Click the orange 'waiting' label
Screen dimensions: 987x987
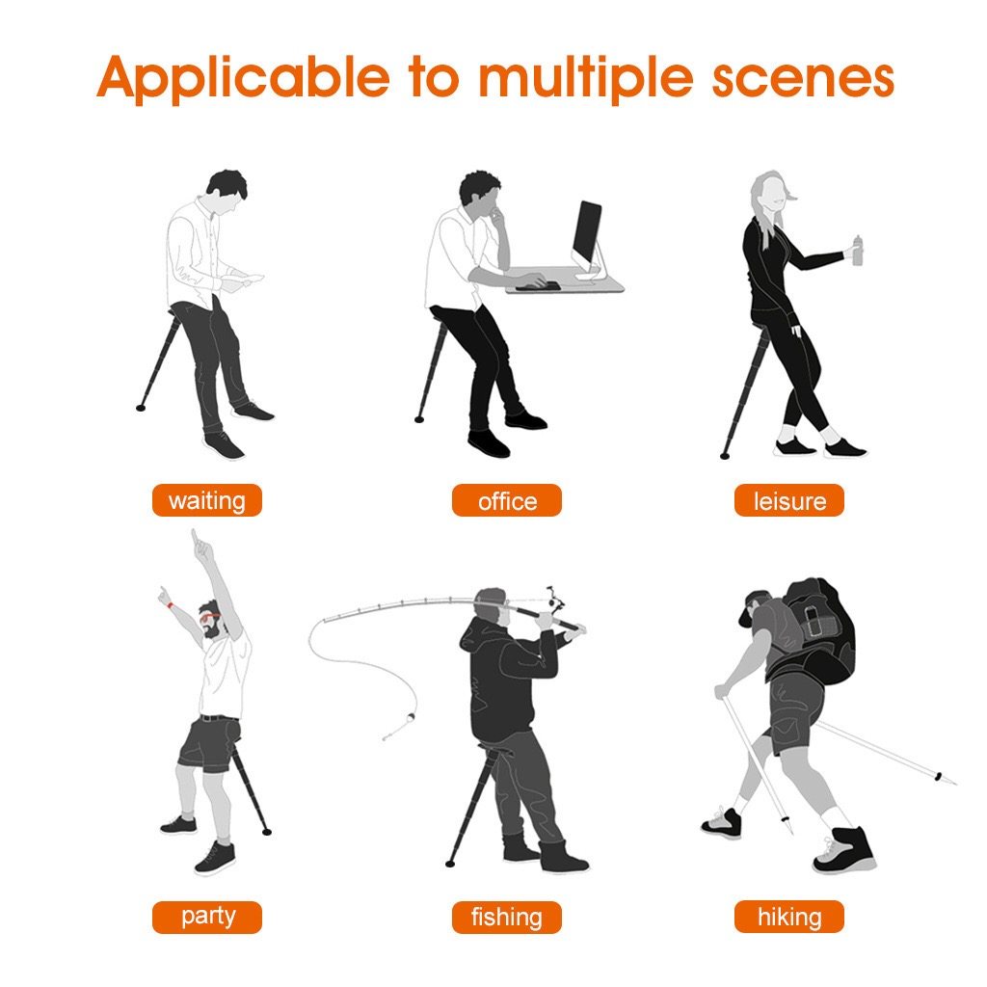click(206, 501)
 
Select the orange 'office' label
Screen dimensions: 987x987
click(507, 501)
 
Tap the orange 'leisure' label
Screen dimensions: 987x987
click(789, 501)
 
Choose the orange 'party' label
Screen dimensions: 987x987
click(207, 916)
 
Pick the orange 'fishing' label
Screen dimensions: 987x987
click(506, 917)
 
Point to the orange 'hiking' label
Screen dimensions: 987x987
click(788, 917)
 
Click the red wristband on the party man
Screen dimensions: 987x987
click(170, 605)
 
